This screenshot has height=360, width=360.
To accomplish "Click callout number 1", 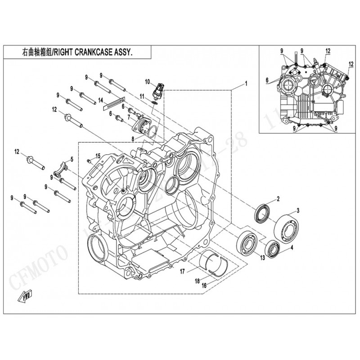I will click(246, 84).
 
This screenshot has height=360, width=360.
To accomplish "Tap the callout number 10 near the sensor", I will click(147, 81).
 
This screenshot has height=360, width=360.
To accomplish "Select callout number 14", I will click(101, 100).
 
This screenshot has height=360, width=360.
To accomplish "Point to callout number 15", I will click(98, 156).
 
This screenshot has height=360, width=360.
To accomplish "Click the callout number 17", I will click(183, 271).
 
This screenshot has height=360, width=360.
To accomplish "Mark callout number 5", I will click(70, 158).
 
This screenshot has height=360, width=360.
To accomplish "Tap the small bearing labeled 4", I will click(273, 248).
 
